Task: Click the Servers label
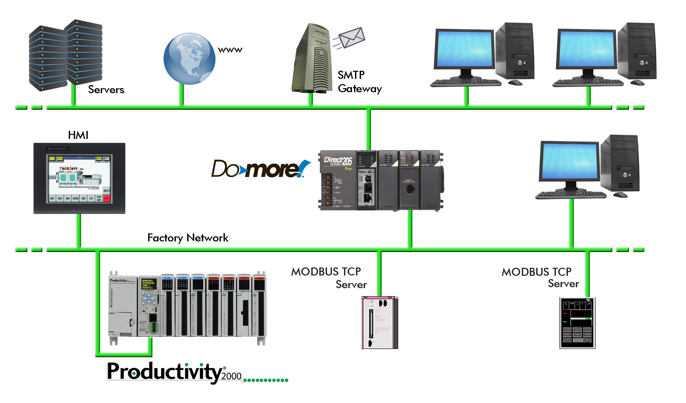[x=106, y=89]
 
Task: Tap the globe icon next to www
[x=189, y=59]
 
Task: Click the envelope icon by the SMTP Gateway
[x=352, y=37]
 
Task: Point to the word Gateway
[x=360, y=89]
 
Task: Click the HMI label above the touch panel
[x=78, y=135]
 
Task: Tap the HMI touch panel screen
[x=79, y=178]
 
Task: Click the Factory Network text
[x=188, y=238]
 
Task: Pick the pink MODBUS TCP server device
[x=380, y=322]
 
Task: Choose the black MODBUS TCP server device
[x=577, y=323]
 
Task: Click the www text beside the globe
[x=230, y=50]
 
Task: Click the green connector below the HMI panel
[x=79, y=230]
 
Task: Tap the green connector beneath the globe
[x=182, y=95]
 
